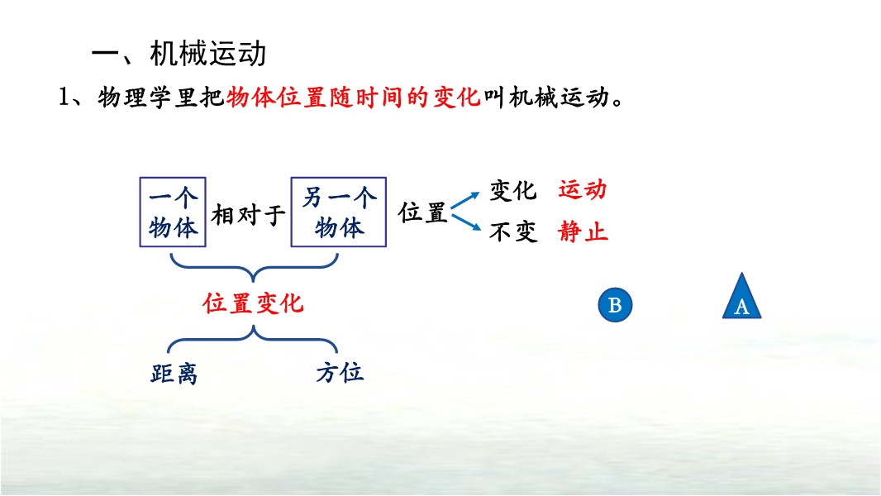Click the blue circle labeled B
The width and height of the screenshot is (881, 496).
[615, 305]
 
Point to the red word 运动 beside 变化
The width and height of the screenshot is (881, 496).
[583, 190]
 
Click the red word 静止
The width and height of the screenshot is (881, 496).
[583, 231]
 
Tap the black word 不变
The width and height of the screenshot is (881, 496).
[513, 231]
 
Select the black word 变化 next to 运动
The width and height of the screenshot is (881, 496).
[513, 190]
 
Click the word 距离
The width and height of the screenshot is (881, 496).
[174, 374]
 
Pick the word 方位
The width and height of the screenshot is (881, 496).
[340, 373]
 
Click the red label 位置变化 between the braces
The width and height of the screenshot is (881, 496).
[254, 303]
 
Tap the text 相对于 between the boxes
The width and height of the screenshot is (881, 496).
[248, 215]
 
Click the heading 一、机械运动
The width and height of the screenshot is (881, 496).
[179, 54]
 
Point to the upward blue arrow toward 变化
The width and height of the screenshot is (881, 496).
[465, 201]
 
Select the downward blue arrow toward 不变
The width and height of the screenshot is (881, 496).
[466, 222]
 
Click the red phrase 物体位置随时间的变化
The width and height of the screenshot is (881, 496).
[354, 98]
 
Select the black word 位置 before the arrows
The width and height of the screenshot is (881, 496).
[422, 213]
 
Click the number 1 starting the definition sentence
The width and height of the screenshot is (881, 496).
[64, 98]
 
